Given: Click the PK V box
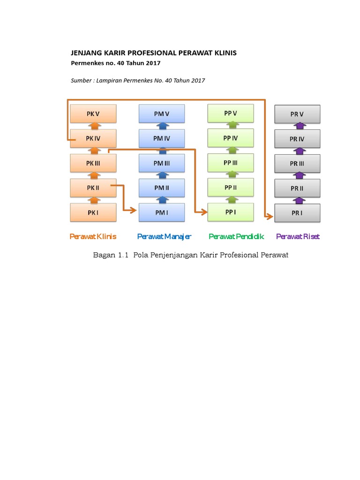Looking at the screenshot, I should point(93,113).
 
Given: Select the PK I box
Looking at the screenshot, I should point(93,212).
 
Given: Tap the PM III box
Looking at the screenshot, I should point(162,163).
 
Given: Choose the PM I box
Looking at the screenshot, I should point(162,212).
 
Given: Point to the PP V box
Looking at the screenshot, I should point(231,113).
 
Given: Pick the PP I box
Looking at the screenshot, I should point(231,212).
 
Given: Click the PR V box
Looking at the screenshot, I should point(297,114).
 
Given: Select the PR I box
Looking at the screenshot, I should point(297,213).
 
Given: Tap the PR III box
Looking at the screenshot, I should point(297,164).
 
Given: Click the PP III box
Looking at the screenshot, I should point(231,163).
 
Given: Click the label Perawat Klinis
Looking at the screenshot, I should point(93,237).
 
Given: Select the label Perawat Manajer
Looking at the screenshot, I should point(164,237).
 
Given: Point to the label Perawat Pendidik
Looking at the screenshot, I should point(236,237).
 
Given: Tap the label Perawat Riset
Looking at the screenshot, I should point(298,237).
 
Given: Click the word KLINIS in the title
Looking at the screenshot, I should point(223,53).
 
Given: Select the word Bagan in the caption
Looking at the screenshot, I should point(103,255).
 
